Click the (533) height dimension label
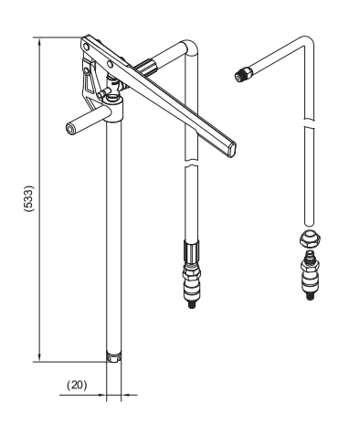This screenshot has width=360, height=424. coord(29,198)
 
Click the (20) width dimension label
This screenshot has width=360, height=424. coord(77,385)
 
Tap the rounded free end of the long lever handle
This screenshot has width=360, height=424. coord(232,150)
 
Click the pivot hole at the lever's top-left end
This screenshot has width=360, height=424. coord(86,48)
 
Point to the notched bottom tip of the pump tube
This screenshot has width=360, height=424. coord(113,357)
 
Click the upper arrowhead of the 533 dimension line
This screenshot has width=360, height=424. coord(39,43)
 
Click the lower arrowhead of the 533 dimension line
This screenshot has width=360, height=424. coord(39,356)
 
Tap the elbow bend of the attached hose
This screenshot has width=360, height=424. coord(191,48)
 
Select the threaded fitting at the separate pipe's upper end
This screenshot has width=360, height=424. coord(243,74)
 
